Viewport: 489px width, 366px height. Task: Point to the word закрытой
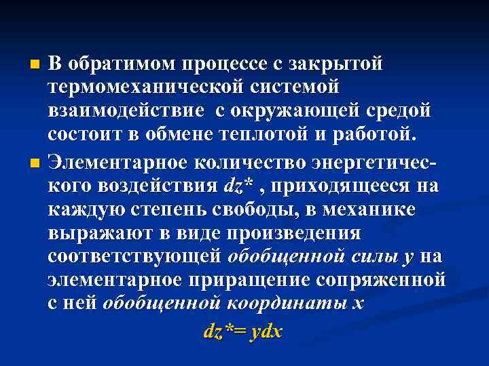336,64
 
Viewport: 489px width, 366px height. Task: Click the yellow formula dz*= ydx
243,331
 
